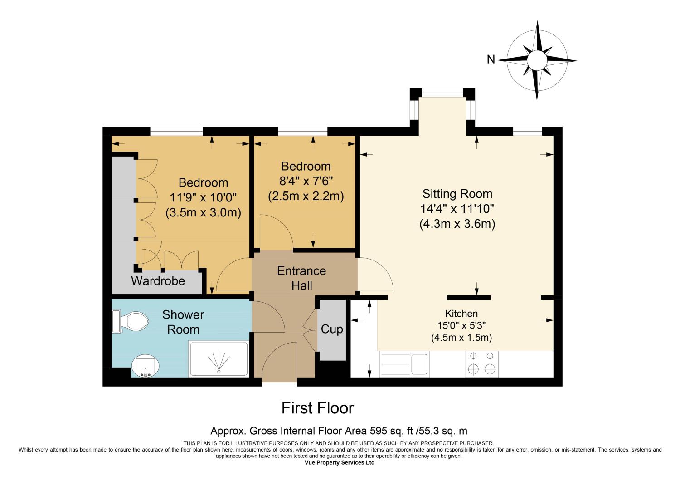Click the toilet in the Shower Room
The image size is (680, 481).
pos(130,321)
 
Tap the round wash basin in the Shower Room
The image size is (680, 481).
pos(146,366)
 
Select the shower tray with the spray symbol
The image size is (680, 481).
pos(219,358)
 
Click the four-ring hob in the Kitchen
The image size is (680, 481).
pos(481,364)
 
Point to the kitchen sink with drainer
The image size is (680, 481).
pos(404,364)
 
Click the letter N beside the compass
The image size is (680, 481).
pos(491,59)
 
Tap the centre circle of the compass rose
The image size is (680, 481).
pos(537,60)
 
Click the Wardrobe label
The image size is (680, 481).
pos(158,281)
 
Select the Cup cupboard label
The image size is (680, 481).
pos(332,329)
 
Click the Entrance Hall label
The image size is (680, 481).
pos(302,278)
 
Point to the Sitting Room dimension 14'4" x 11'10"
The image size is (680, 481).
pos(457,209)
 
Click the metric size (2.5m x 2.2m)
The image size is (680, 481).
pos(306,196)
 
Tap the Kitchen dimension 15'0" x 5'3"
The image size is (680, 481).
pos(461,325)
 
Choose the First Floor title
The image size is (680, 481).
pos(317,408)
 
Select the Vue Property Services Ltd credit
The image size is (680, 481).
pos(340,462)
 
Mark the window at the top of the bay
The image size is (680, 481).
pos(442,93)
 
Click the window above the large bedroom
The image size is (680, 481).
pos(176,131)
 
